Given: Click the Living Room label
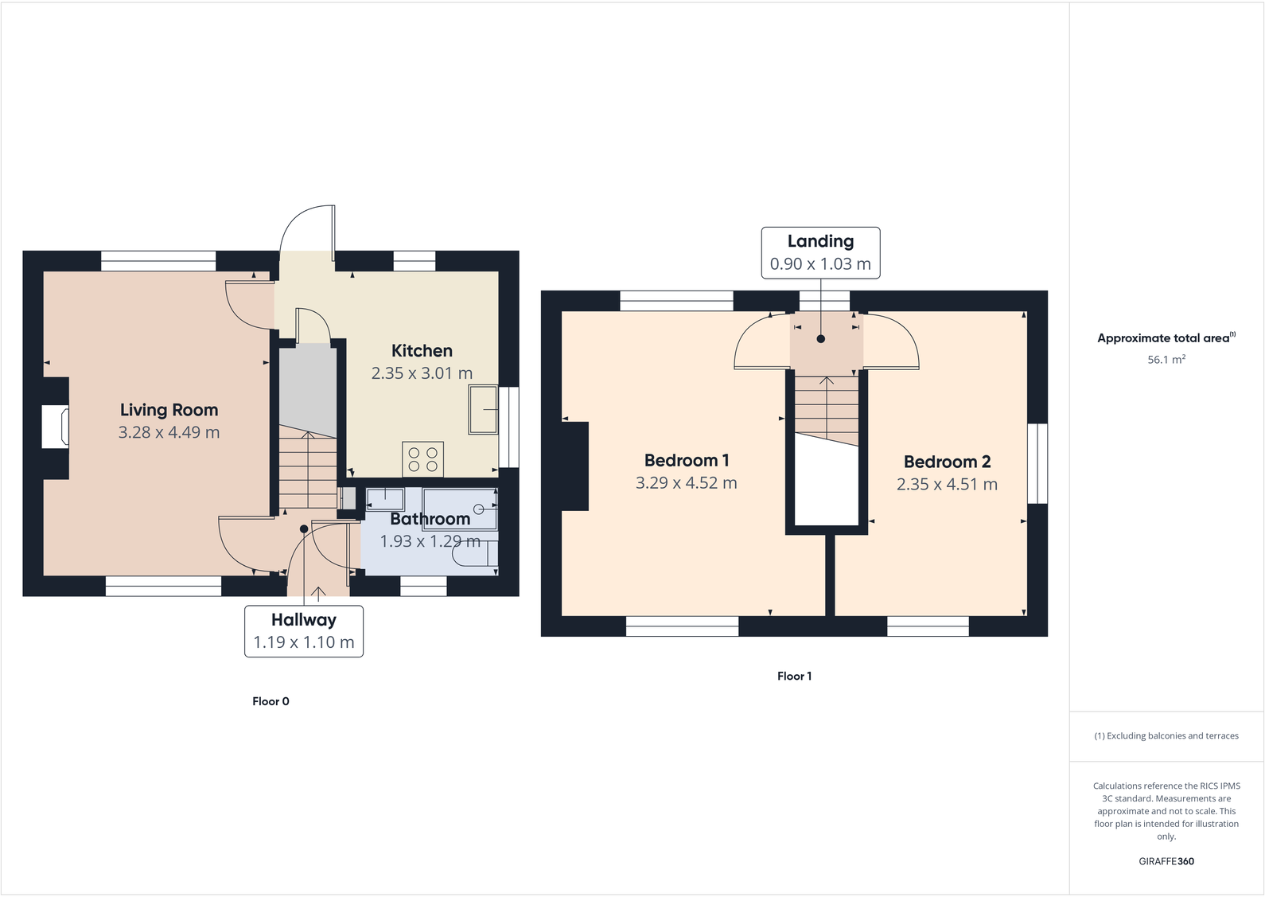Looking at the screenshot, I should [169, 410].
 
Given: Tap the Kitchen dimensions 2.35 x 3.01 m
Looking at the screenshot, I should [422, 373].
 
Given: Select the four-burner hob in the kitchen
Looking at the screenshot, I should [422, 459].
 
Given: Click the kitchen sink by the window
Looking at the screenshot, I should [483, 410].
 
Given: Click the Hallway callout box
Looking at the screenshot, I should [303, 631].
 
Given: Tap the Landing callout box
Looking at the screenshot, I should [820, 252].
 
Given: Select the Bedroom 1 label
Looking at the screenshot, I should [686, 460].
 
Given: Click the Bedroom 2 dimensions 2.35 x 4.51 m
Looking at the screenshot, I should [947, 485].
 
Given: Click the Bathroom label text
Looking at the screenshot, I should [430, 519].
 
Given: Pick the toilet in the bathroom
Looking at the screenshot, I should [476, 556].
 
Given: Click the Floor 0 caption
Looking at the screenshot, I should [271, 701].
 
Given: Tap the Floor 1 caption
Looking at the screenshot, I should [794, 676].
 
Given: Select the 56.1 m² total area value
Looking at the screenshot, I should [1166, 360].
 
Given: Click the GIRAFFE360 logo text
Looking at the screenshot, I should [1166, 861].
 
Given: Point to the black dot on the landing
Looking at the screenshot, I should [820, 339].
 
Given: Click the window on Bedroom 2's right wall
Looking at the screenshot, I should [1037, 463].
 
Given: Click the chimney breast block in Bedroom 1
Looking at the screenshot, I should [575, 466].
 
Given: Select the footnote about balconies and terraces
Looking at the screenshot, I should [1166, 736].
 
